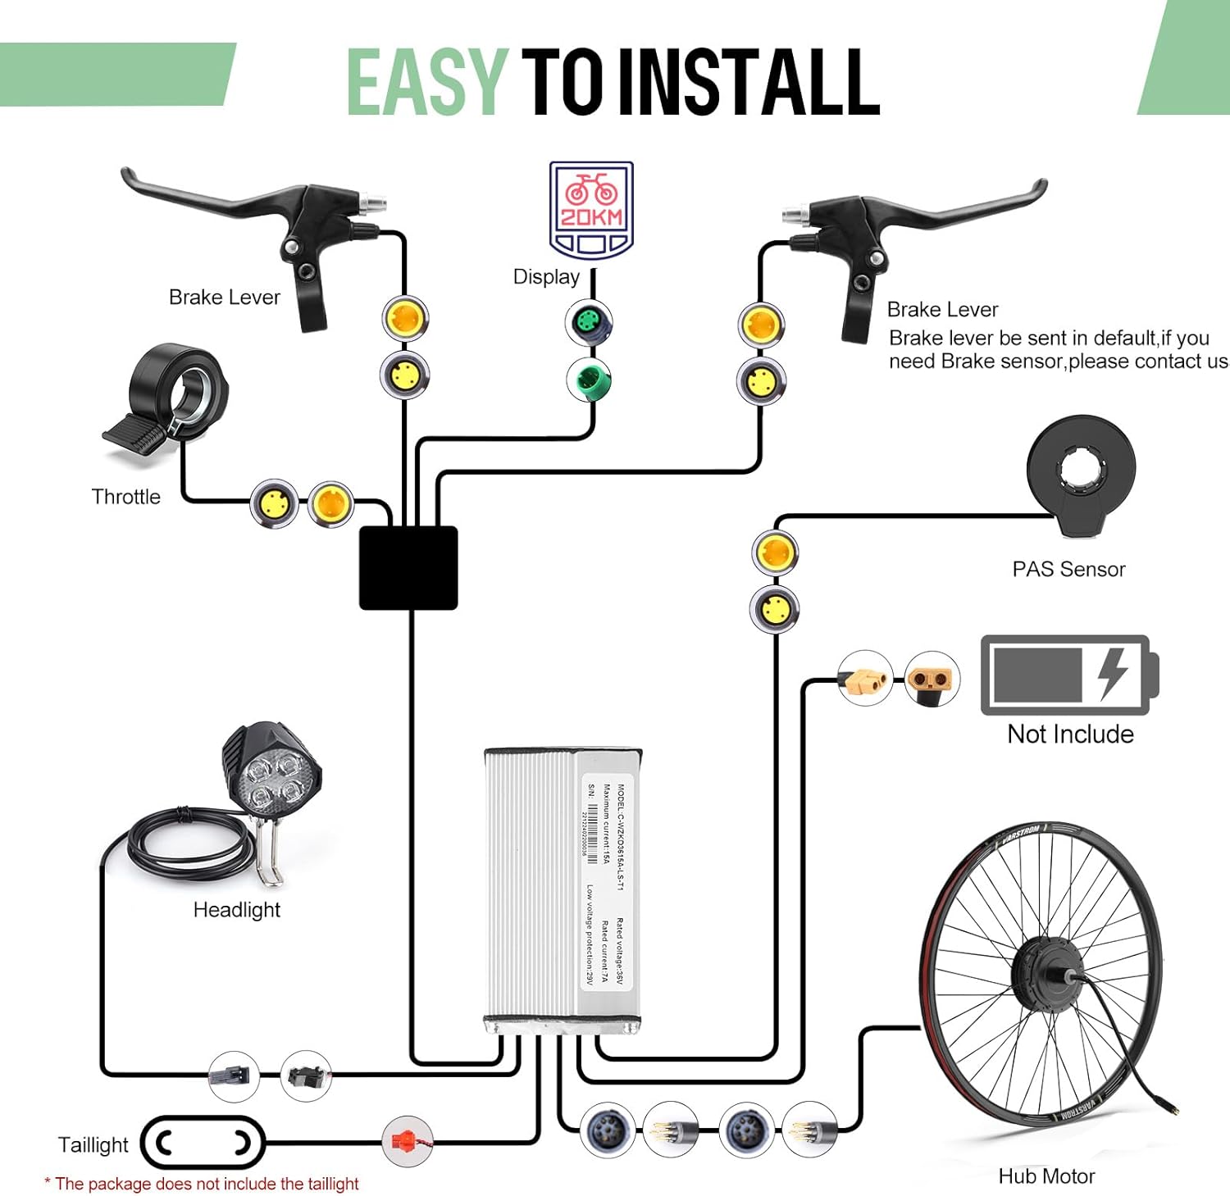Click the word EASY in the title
426,82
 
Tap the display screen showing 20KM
590,210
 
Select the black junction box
408,568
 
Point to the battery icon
1069,675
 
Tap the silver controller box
563,885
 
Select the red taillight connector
407,1140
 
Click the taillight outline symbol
203,1142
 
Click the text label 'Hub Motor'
1046,1176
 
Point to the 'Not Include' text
1070,734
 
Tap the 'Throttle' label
125,497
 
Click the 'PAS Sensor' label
1068,569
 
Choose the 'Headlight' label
236,910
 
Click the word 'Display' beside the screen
546,277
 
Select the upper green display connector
588,321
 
